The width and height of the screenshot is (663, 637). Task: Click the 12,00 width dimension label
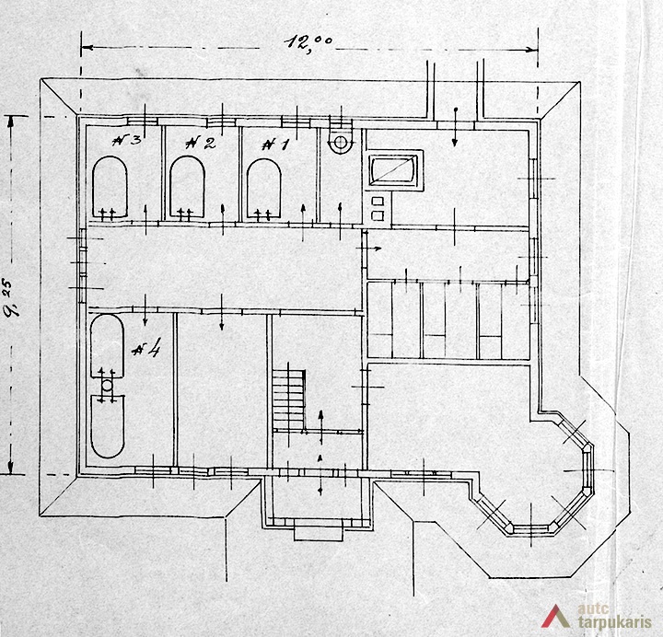click(x=308, y=42)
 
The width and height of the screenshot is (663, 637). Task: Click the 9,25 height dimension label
click(x=12, y=297)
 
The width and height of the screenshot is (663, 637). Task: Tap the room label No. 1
click(x=275, y=145)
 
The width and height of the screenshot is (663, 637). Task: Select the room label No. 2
click(x=201, y=143)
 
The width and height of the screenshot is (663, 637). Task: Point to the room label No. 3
click(x=126, y=140)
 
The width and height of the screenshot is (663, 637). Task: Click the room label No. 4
click(x=146, y=350)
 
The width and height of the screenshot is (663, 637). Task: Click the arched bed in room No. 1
click(x=264, y=189)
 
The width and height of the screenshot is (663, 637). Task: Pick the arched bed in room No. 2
click(x=187, y=187)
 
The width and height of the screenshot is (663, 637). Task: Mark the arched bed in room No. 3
click(x=110, y=187)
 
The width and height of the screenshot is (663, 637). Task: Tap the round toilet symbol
click(x=341, y=142)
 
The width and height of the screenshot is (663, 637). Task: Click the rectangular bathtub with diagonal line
click(x=394, y=170)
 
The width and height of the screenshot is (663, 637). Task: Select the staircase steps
click(x=289, y=399)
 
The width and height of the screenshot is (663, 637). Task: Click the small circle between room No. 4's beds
click(x=108, y=385)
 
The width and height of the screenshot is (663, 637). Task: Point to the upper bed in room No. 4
click(x=108, y=346)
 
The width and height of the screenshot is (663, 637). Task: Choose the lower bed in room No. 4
click(x=108, y=426)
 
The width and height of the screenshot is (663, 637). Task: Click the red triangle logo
click(x=555, y=616)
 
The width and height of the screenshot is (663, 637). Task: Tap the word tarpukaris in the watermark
click(x=614, y=622)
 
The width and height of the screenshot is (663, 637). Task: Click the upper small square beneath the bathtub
click(x=378, y=202)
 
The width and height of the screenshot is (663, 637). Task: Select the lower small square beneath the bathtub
click(x=378, y=215)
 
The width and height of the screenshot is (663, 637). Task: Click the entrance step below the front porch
click(x=319, y=533)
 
